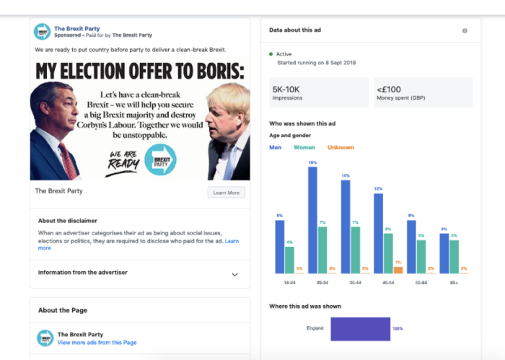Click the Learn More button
pyautogui.click(x=226, y=193)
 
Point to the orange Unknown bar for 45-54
pyautogui.click(x=398, y=270)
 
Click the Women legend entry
pyautogui.click(x=304, y=147)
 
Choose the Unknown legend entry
pyautogui.click(x=341, y=147)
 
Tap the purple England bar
pyautogui.click(x=360, y=328)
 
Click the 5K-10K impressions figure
pyautogui.click(x=286, y=89)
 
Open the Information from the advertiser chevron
pyautogui.click(x=234, y=274)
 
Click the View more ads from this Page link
pyautogui.click(x=97, y=343)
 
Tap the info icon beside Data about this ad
pyautogui.click(x=465, y=31)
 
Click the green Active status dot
pyautogui.click(x=271, y=53)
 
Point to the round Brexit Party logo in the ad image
pyautogui.click(x=159, y=160)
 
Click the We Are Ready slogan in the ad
pyautogui.click(x=123, y=162)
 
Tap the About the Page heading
pyautogui.click(x=63, y=310)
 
